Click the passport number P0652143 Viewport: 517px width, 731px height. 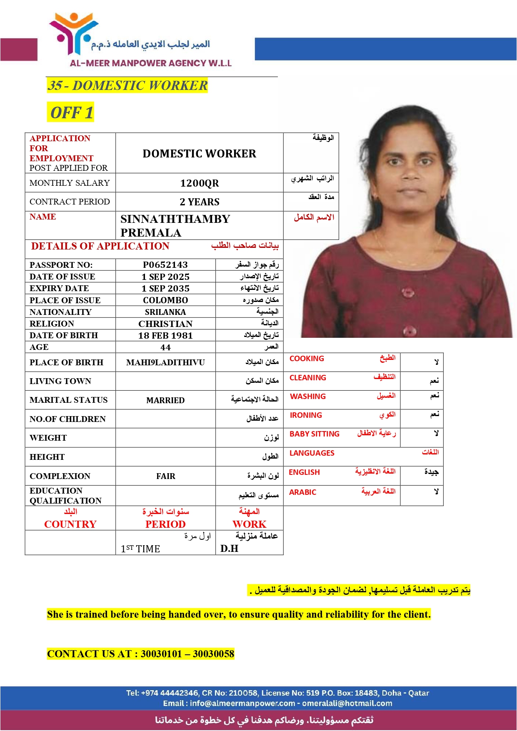(165, 265)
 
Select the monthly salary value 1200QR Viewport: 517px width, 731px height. (199, 183)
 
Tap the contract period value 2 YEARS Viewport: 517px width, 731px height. (200, 202)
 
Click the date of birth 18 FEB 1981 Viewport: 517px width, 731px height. (165, 336)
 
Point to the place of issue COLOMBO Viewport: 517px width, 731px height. (165, 300)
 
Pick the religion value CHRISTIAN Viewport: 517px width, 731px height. (165, 324)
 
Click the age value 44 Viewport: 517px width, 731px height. (165, 347)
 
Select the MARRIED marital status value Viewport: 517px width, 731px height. (165, 400)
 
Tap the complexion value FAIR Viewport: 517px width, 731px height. (165, 476)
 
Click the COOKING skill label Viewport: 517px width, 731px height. (307, 359)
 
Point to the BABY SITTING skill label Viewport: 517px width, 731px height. (314, 434)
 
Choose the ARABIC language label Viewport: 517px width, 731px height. (302, 492)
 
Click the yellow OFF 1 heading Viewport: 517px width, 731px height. (71, 112)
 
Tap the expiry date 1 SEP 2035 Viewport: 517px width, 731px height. (165, 289)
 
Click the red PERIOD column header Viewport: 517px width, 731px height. (165, 524)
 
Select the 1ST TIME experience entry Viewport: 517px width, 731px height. (140, 549)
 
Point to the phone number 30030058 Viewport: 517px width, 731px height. (213, 654)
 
